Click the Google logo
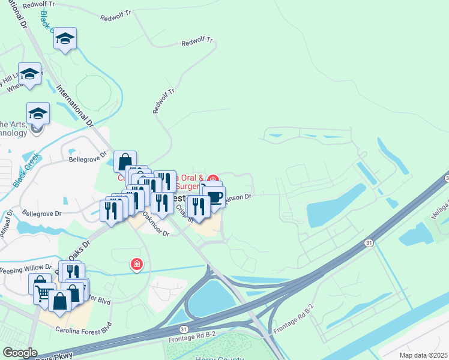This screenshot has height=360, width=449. pyautogui.click(x=20, y=353)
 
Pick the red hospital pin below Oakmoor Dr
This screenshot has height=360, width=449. pyautogui.click(x=137, y=264)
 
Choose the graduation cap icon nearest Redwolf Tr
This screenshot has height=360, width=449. pyautogui.click(x=65, y=40)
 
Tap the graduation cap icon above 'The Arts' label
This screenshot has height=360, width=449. pyautogui.click(x=37, y=113)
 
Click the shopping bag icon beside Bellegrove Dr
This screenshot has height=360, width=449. pyautogui.click(x=125, y=161)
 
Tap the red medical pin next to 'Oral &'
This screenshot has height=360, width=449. pyautogui.click(x=212, y=179)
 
